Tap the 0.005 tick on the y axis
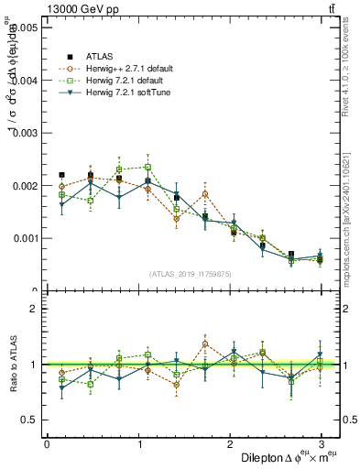point(25,28)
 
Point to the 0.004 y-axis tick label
point(25,81)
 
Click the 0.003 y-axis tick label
point(25,133)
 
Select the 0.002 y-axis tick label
point(25,186)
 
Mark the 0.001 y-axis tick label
point(25,238)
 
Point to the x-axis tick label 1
point(139,444)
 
